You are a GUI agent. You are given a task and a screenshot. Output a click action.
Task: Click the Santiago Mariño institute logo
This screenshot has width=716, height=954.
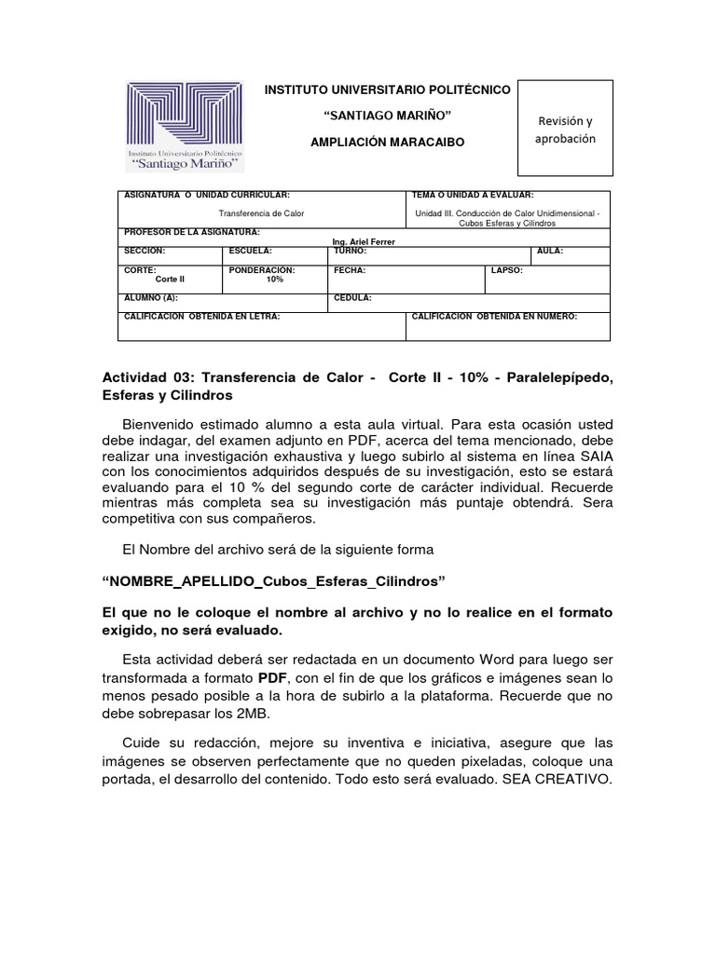point(186,126)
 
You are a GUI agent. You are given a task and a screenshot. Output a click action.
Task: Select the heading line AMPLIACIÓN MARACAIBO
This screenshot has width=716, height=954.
point(386,141)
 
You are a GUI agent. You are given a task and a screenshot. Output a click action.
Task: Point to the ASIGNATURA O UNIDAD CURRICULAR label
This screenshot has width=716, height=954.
point(207,196)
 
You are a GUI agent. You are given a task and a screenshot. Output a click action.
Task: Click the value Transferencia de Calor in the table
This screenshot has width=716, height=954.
point(261,213)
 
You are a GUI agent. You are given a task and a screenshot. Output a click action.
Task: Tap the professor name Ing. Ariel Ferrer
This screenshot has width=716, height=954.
point(364,241)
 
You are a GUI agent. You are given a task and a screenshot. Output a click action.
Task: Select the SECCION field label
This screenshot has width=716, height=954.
point(145,252)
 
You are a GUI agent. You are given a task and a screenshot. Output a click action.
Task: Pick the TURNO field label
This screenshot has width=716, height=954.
point(351,252)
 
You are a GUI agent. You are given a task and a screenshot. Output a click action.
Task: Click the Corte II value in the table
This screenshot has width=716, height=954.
point(170,279)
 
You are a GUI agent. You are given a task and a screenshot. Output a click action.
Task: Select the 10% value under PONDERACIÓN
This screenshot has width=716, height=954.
point(274,279)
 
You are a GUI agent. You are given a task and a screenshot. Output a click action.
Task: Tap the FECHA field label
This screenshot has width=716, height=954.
point(350,270)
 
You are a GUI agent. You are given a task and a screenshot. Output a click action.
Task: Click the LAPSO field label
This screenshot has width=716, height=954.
point(507,270)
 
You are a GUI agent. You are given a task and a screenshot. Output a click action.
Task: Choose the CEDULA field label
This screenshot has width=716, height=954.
point(353,298)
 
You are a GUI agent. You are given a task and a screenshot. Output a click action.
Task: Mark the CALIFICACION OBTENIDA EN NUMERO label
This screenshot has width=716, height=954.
point(493,317)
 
